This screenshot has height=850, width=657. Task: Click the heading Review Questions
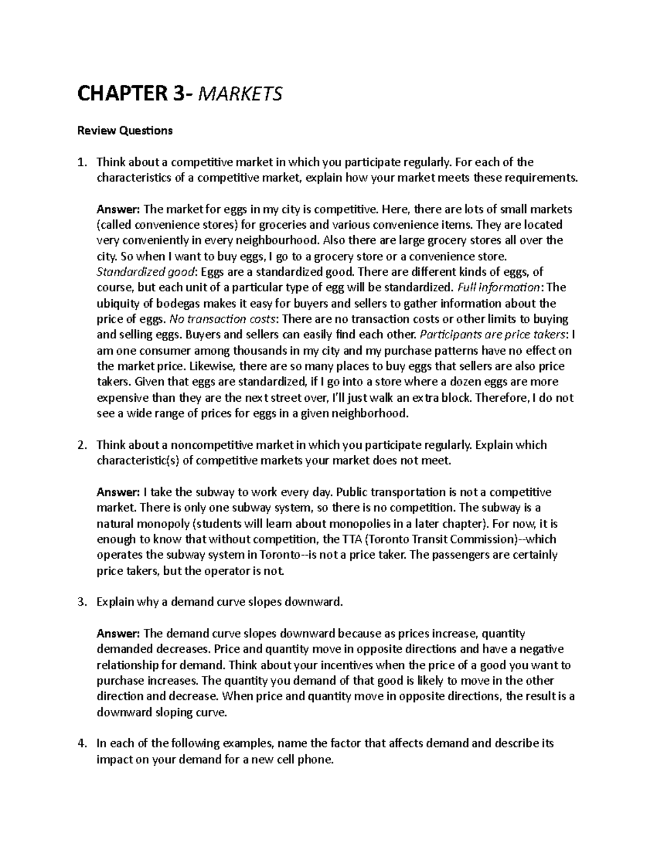(x=125, y=130)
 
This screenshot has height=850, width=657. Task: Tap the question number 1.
(x=82, y=162)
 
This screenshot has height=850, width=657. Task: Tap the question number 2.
(x=82, y=445)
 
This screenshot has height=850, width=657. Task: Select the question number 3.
(x=82, y=602)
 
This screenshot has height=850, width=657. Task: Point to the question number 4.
(x=82, y=744)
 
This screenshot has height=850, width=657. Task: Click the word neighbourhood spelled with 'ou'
(x=273, y=241)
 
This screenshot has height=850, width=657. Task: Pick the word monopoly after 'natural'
(x=157, y=524)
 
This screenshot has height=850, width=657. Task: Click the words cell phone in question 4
(x=306, y=760)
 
